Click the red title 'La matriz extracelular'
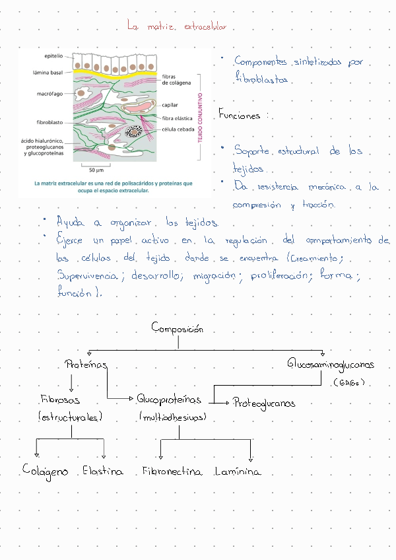coord(177,26)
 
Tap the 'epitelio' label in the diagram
coord(53,56)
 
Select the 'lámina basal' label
coord(48,73)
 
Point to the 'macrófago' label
coord(50,94)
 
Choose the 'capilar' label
coord(170,105)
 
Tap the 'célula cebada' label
coord(178,129)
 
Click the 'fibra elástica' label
coord(177,118)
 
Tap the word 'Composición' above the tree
coord(178,328)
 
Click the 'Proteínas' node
coord(86,364)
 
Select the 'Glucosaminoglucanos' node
coord(331,364)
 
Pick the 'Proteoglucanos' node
coord(264,403)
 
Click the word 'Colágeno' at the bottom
coord(45,471)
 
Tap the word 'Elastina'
coord(103,471)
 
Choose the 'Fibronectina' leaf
coord(172,472)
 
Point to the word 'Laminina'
coord(238,472)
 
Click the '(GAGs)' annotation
coord(349,382)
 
